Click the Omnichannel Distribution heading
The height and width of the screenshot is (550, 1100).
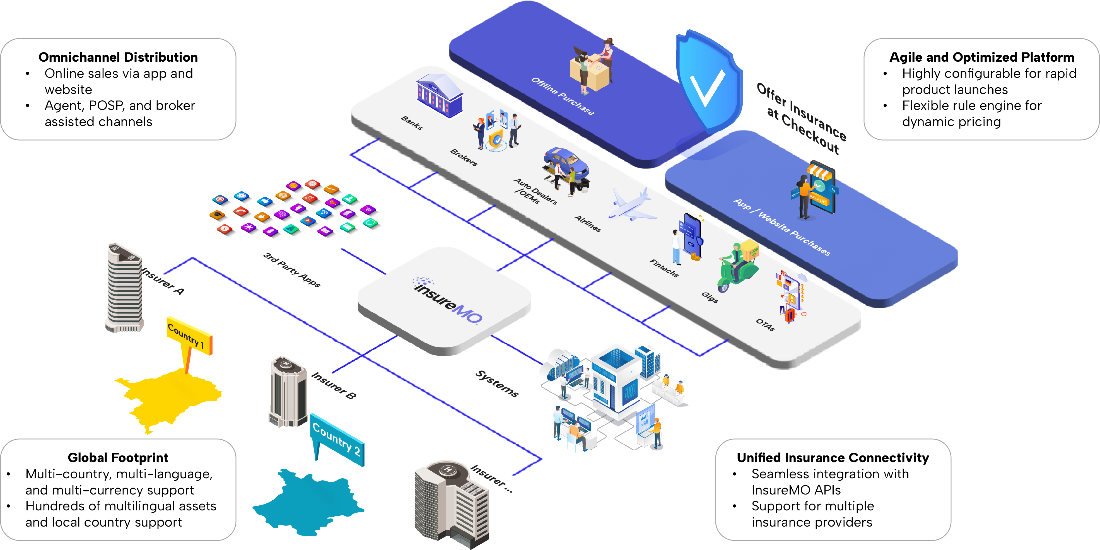click(118, 57)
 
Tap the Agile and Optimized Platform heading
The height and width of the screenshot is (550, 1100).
click(981, 57)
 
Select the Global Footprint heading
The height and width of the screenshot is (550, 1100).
click(118, 458)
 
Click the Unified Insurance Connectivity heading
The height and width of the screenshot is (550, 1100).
click(833, 458)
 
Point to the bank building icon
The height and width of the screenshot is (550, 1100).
click(439, 96)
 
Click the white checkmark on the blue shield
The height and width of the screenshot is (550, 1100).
click(707, 88)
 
